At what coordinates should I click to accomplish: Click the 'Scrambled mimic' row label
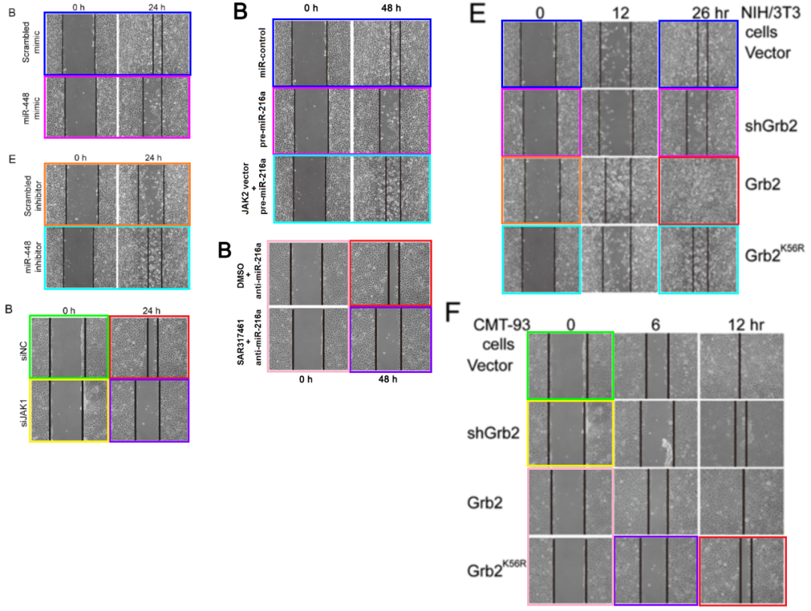(x=31, y=42)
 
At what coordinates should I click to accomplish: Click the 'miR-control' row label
(x=262, y=53)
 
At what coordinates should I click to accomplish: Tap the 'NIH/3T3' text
(x=770, y=12)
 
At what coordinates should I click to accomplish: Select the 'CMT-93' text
(x=502, y=324)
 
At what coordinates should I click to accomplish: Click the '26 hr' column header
(x=710, y=13)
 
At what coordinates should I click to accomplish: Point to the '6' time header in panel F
(x=656, y=324)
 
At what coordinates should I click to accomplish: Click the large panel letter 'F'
(x=453, y=312)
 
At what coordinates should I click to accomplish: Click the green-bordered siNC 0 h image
(x=69, y=347)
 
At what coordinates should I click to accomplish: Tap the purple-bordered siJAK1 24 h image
(x=149, y=411)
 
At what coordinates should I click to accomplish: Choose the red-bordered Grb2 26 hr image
(x=699, y=191)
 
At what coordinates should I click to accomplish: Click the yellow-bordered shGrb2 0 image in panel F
(x=571, y=433)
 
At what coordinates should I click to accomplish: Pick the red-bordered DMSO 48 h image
(x=390, y=273)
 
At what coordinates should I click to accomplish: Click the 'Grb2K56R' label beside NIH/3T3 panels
(x=774, y=253)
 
